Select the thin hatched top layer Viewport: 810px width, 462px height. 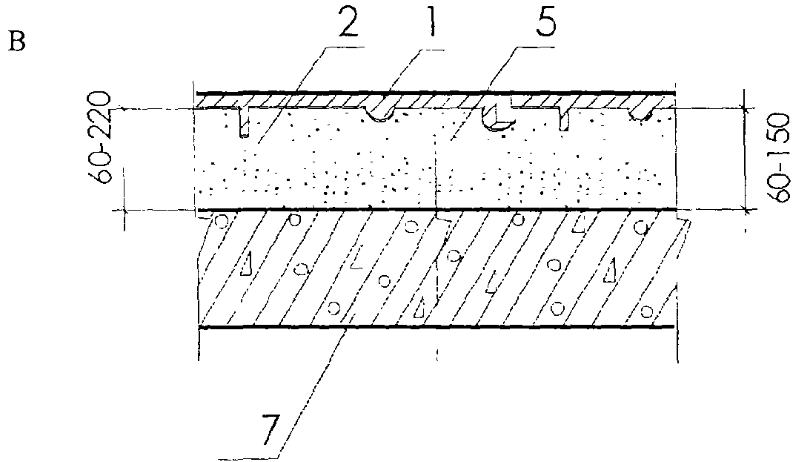coord(296,101)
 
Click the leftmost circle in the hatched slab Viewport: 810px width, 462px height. coord(220,221)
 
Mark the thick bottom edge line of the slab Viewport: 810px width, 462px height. coord(437,326)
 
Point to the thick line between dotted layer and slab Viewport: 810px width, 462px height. coord(437,210)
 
